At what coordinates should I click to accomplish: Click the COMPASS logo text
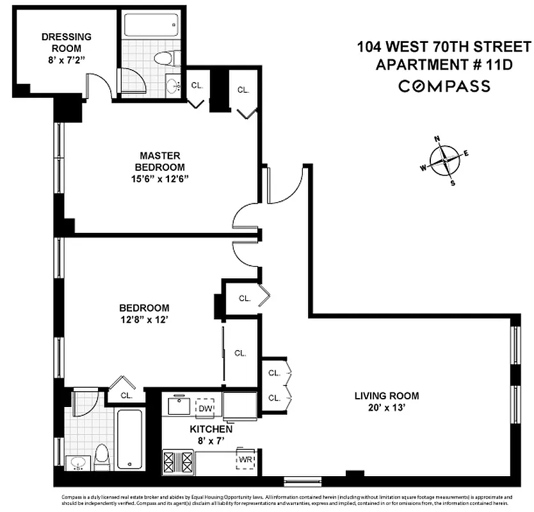[444, 86]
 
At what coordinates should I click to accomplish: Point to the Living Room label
[386, 395]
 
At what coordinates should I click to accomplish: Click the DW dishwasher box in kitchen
[205, 408]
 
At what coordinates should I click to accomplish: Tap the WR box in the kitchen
[245, 460]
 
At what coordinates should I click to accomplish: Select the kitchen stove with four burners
[177, 461]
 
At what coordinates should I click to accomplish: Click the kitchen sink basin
[177, 406]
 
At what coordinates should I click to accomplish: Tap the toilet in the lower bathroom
[102, 457]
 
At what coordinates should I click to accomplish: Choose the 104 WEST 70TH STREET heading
[444, 47]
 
